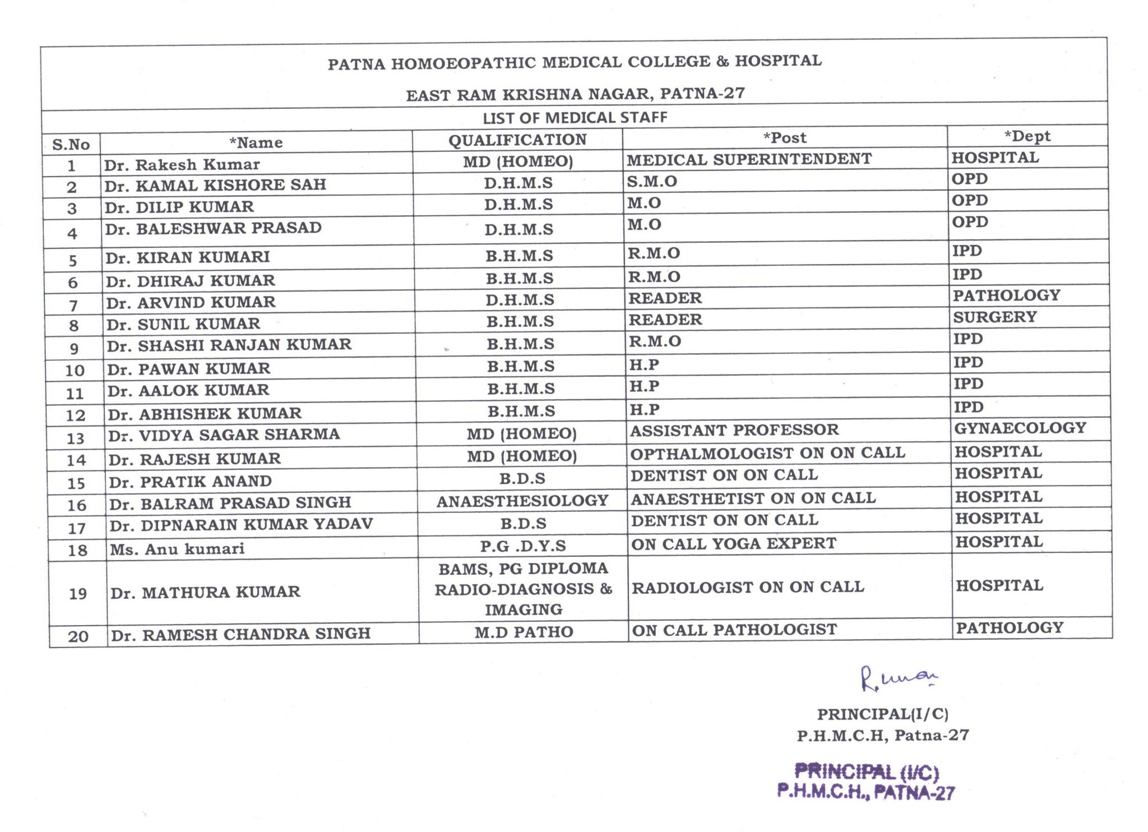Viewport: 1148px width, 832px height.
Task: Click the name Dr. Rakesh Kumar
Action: [x=182, y=164]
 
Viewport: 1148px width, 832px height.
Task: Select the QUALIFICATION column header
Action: [x=517, y=140]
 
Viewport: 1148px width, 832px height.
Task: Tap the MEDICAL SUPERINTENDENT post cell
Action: [x=749, y=159]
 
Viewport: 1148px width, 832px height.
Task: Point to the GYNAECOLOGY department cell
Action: [x=1020, y=428]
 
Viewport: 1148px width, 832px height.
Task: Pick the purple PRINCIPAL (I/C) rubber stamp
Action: [x=866, y=782]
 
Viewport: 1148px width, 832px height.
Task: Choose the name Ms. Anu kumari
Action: [x=177, y=548]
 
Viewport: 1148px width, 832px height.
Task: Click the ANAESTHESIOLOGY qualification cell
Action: [x=522, y=501]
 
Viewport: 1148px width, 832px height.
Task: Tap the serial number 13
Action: [x=75, y=438]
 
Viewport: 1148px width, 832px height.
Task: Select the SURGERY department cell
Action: [x=995, y=317]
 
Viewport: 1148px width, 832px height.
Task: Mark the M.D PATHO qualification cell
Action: [x=524, y=632]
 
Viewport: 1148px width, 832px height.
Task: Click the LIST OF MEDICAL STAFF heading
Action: [x=575, y=118]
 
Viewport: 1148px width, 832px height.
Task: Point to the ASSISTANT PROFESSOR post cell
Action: [x=734, y=430]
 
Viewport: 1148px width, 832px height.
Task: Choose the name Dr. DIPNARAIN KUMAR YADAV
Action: [x=241, y=524]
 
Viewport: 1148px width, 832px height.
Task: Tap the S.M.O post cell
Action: [x=652, y=181]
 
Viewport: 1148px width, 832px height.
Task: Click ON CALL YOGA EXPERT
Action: [x=734, y=543]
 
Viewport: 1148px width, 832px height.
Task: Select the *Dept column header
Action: [x=1027, y=136]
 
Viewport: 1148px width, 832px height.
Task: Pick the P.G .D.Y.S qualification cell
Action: [x=523, y=546]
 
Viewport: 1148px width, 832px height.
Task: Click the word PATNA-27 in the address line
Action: [x=702, y=93]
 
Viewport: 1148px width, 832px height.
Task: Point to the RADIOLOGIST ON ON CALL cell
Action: [x=748, y=587]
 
